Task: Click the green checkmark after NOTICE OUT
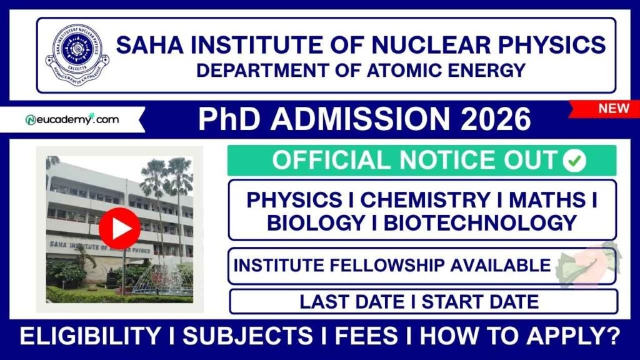coord(574,161)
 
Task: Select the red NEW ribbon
coord(612,109)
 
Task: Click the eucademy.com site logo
coord(72,119)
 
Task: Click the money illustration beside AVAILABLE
coord(585,266)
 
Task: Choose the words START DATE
coord(480,302)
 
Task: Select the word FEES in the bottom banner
coord(366,337)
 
